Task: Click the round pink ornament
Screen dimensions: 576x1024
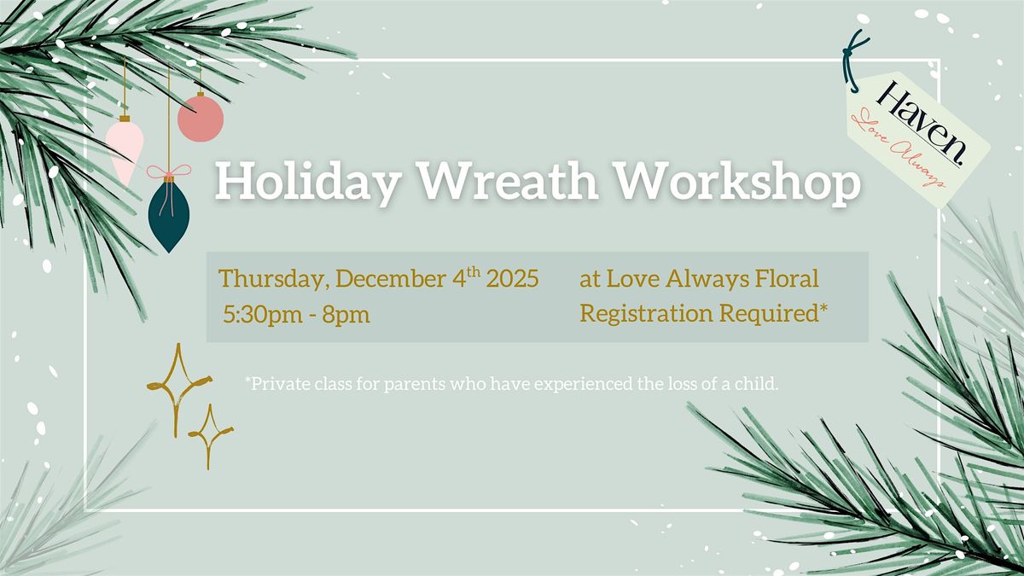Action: point(201,119)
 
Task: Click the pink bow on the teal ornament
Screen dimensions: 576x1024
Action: point(168,172)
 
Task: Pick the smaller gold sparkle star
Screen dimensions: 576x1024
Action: point(210,436)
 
